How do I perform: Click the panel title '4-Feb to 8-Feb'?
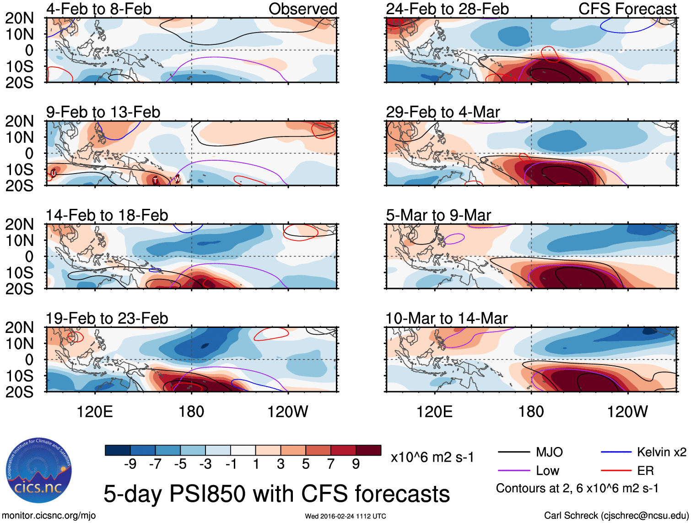[99, 9]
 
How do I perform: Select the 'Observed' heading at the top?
[302, 9]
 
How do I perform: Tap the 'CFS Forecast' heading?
[627, 9]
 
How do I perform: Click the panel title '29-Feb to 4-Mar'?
[443, 112]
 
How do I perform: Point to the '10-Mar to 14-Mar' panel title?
[446, 318]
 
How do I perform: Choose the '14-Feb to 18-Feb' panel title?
[107, 215]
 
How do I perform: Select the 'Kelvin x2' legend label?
[661, 452]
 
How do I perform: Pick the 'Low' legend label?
[547, 470]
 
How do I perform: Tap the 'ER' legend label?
[645, 470]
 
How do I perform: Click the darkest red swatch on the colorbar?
[368, 450]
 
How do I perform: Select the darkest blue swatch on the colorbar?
[118, 450]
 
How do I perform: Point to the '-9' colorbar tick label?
[130, 464]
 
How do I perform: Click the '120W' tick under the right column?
[627, 412]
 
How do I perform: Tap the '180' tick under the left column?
[191, 412]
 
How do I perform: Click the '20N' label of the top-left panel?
[19, 18]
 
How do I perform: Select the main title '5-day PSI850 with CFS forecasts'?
[276, 494]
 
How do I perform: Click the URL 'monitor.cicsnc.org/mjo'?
[49, 516]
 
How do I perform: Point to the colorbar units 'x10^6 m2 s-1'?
[432, 457]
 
